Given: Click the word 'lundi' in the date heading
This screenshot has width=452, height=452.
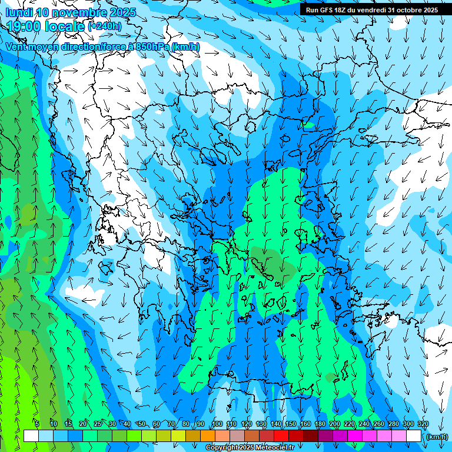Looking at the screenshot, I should (x=19, y=12).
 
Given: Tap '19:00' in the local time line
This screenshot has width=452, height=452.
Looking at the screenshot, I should (x=24, y=26).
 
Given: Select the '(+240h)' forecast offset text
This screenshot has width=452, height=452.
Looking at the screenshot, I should (x=105, y=26).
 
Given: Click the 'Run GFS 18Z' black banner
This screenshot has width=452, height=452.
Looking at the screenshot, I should (x=371, y=10).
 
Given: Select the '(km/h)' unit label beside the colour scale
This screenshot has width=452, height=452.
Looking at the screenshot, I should (x=436, y=437).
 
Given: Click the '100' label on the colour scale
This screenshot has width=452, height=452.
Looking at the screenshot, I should (x=217, y=424).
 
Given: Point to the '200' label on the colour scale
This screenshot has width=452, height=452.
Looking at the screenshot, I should (x=335, y=424).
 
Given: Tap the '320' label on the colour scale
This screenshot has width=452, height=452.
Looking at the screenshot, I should (x=423, y=424).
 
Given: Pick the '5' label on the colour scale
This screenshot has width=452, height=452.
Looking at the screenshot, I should (x=37, y=424).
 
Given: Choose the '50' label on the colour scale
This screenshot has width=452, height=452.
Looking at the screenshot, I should (x=141, y=424).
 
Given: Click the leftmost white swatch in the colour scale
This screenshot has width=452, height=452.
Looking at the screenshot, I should (x=31, y=436).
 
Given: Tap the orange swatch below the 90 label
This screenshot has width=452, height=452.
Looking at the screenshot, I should (x=208, y=436).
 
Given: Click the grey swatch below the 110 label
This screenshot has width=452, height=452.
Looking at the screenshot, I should (x=237, y=436).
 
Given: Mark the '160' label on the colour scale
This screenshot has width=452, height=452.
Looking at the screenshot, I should (x=305, y=424).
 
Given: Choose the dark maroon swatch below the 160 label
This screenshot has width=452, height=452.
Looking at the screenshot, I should (x=311, y=436).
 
